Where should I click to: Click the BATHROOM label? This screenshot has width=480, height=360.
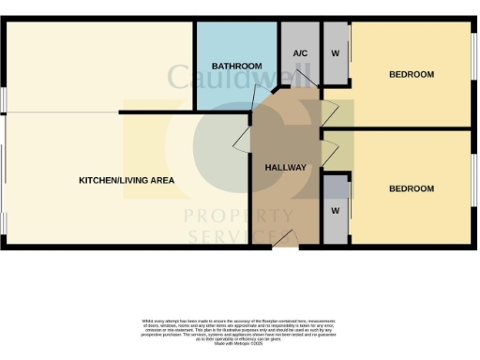(236, 67)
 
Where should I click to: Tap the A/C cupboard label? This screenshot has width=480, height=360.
(301, 52)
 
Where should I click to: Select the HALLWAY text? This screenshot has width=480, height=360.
(285, 167)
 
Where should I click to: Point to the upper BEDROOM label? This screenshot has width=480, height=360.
(412, 74)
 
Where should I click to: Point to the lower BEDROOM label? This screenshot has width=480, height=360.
(412, 188)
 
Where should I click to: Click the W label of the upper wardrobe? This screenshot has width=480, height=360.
(336, 52)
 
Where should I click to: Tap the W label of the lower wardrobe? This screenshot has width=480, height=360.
(335, 210)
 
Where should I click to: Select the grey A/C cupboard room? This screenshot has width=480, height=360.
(300, 66)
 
